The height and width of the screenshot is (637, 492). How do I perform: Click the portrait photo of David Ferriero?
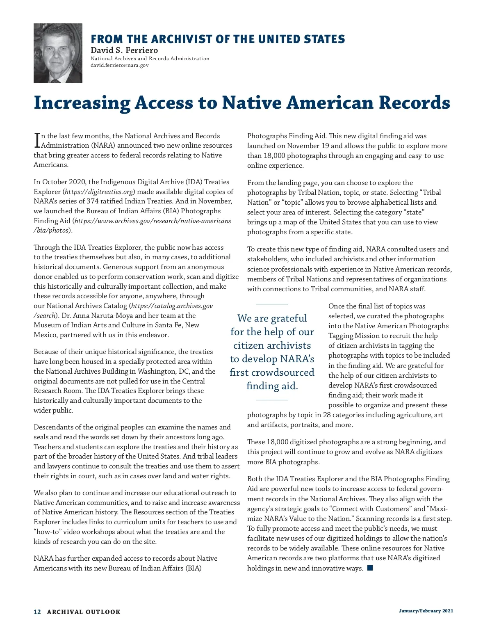coord(58,53)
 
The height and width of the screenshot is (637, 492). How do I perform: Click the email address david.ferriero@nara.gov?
coord(119,65)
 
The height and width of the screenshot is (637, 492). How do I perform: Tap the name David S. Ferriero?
coord(124,50)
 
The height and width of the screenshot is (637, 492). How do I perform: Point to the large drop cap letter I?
coord(37,140)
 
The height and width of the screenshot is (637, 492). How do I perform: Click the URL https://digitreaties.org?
coord(99,192)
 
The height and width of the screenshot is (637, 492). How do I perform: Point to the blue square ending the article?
coord(370,568)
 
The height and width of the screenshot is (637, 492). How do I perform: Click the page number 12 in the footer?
coord(37,612)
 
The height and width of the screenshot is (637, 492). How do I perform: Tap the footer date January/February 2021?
coord(426,611)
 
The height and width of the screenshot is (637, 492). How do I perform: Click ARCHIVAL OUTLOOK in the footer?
coord(84,612)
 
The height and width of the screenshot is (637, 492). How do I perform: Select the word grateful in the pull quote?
coord(287,318)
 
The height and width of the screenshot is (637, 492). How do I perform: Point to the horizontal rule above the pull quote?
coord(272,304)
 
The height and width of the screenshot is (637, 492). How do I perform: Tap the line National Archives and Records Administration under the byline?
coord(150,59)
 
